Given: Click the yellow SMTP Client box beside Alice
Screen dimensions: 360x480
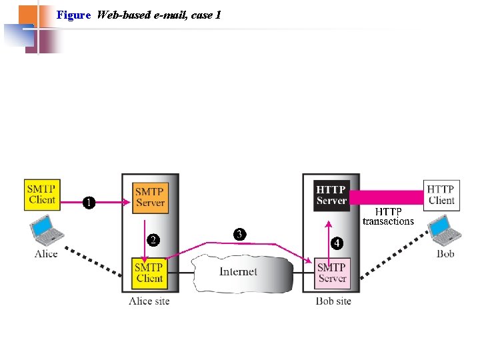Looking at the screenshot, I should pyautogui.click(x=42, y=193).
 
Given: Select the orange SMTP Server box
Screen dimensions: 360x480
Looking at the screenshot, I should pyautogui.click(x=149, y=197).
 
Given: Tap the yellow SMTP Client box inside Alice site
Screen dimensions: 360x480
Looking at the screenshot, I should pyautogui.click(x=149, y=273).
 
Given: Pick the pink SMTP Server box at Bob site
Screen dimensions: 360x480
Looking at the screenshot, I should pyautogui.click(x=331, y=273).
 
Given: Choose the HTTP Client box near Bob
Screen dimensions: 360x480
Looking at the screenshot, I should pyautogui.click(x=441, y=195).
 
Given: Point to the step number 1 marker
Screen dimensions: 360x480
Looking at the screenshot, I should pyautogui.click(x=88, y=202).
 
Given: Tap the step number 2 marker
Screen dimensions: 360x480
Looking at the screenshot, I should pyautogui.click(x=153, y=240).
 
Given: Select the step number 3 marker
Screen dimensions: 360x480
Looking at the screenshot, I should pyautogui.click(x=239, y=234).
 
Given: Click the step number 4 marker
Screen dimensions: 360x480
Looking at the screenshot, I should pyautogui.click(x=337, y=243).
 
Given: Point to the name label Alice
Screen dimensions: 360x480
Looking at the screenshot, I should pyautogui.click(x=46, y=254).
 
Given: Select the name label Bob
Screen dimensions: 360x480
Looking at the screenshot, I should pyautogui.click(x=445, y=254).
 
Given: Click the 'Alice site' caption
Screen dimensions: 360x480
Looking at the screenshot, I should pyautogui.click(x=149, y=301).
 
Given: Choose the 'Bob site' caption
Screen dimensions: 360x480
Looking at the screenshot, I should pyautogui.click(x=333, y=301).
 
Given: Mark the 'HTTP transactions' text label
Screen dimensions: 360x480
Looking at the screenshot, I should pyautogui.click(x=388, y=217).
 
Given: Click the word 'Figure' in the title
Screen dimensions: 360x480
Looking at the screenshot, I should pyautogui.click(x=73, y=15).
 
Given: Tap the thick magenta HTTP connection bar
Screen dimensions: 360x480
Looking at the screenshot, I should pyautogui.click(x=387, y=197).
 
